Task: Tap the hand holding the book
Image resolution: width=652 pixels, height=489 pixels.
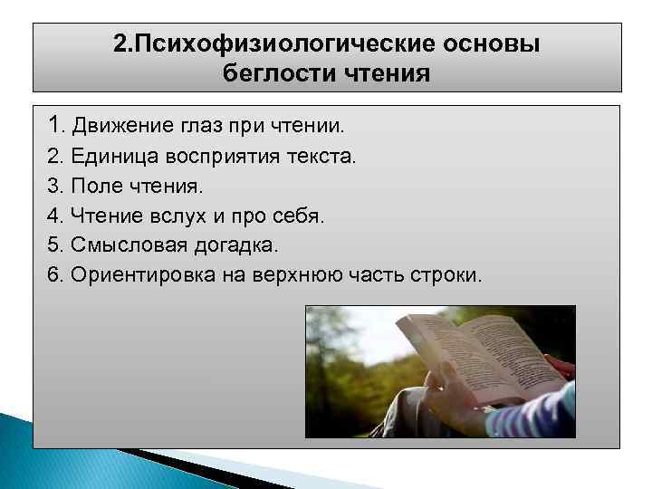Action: (x=453, y=398)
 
